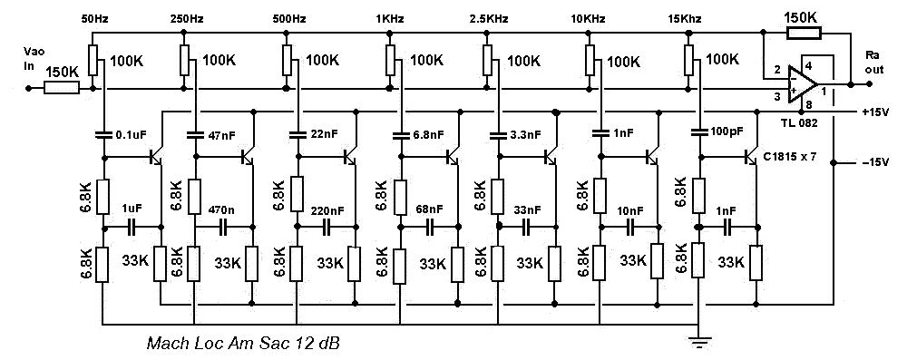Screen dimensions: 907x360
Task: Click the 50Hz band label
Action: point(94,19)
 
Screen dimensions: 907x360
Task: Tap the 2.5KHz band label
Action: point(489,19)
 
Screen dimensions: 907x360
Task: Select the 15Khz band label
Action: point(684,19)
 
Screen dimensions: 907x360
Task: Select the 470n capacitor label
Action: point(220,208)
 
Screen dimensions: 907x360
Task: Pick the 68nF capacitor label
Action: point(429,208)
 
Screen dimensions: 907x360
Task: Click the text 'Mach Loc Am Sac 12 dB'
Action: point(243,344)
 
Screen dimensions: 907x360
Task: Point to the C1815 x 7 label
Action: point(788,155)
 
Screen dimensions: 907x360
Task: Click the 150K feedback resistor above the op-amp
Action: point(804,33)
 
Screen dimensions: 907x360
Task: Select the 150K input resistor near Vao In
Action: point(62,89)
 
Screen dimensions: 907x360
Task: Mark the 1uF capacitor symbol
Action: point(132,228)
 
